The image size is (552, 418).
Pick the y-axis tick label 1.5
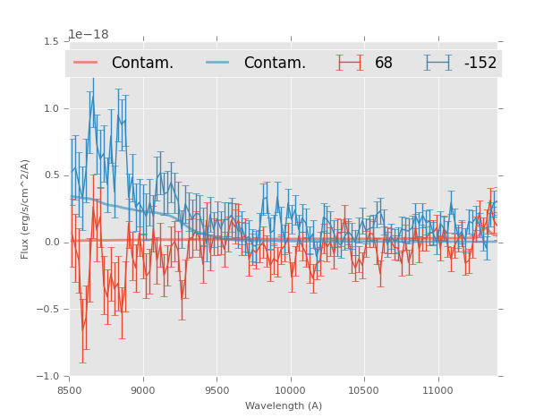[x=51, y=41]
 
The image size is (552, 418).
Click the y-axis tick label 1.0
[x=51, y=108]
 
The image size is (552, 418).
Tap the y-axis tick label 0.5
[x=51, y=175]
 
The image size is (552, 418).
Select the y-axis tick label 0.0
[x=51, y=243]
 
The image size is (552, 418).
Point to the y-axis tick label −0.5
[x=48, y=310]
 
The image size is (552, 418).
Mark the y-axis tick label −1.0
[x=48, y=377]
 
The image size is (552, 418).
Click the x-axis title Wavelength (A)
[x=284, y=405]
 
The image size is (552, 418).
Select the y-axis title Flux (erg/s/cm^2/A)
[x=26, y=209]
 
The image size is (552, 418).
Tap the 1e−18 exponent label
[x=89, y=35]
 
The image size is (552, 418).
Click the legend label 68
[x=384, y=64]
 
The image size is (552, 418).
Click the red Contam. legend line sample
[x=87, y=63]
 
